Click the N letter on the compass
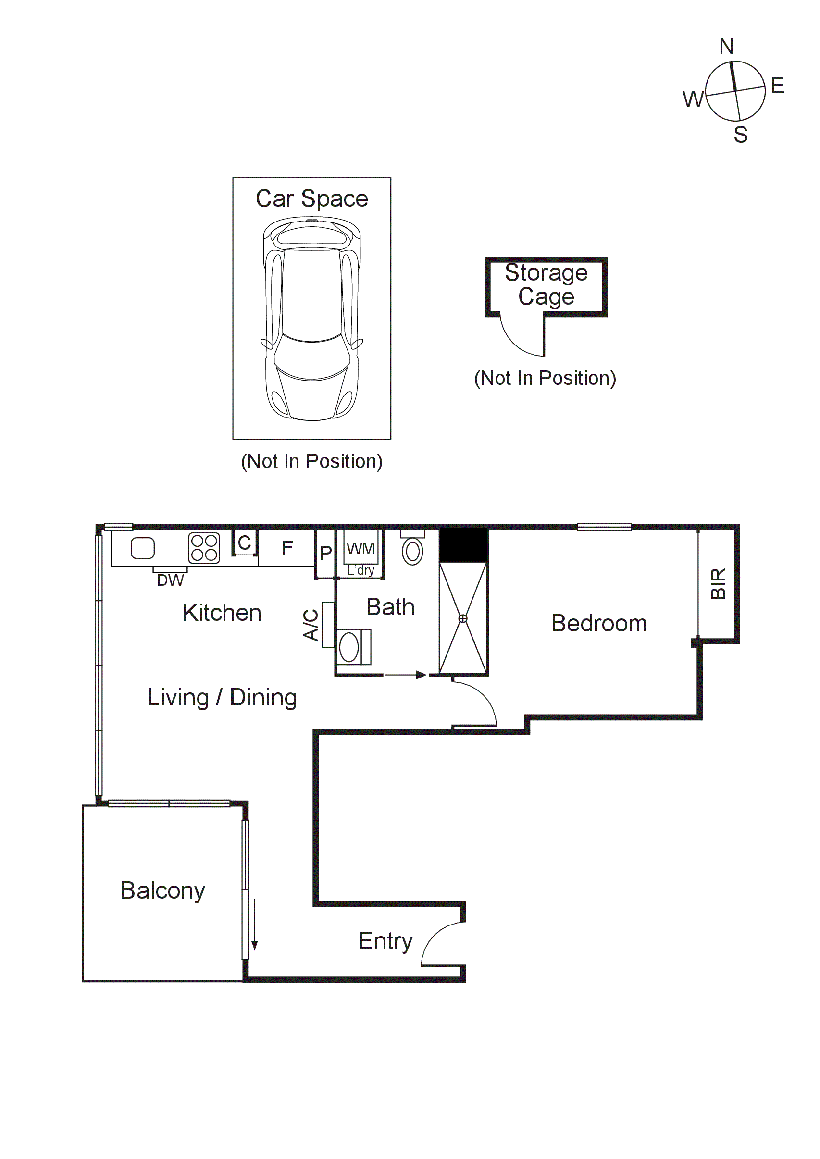coord(726,47)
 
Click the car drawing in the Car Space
coord(311,319)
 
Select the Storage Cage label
coord(546,284)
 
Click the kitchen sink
coord(142,548)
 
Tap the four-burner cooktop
coord(204,548)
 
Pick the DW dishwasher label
coord(170,580)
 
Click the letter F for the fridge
coord(287,548)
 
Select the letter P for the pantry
coord(326,554)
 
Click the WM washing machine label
coord(360,548)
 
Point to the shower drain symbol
coord(462,618)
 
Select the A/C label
coord(311,625)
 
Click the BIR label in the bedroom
coord(718,584)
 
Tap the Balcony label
coord(162,890)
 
